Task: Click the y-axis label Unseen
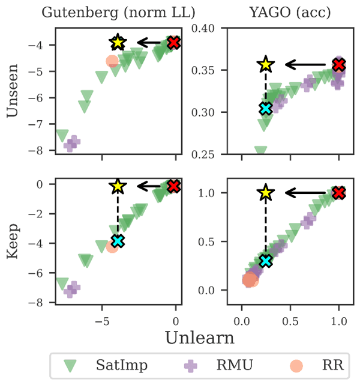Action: (12, 95)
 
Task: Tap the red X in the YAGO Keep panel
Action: (339, 193)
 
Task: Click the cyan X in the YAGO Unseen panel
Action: (266, 108)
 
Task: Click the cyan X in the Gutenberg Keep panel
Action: (118, 241)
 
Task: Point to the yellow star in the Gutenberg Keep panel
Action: (118, 186)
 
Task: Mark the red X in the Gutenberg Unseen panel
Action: (174, 43)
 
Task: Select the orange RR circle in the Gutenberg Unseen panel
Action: (112, 61)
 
